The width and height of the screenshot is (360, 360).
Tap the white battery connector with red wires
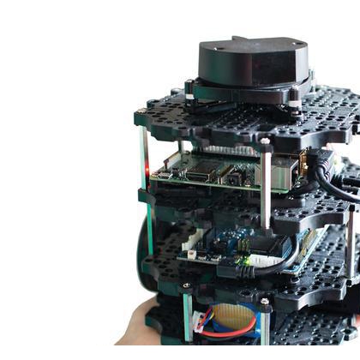point(202,322)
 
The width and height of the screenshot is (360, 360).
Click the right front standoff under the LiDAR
point(296,107)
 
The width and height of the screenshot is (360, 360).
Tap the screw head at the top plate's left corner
point(140,112)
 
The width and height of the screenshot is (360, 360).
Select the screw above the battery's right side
point(265,301)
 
